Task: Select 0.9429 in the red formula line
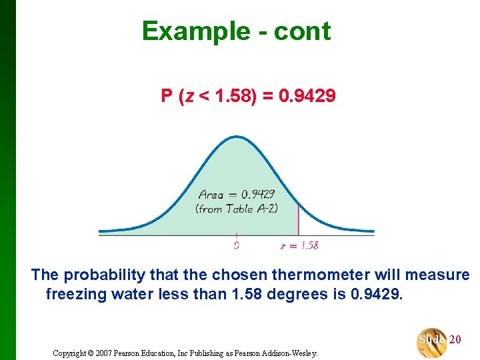(x=307, y=97)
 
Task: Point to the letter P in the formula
(x=167, y=97)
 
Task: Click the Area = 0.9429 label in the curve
(x=236, y=195)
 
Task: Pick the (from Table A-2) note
(x=236, y=209)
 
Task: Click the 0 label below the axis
(x=236, y=245)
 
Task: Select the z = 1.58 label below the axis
(x=299, y=245)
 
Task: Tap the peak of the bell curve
(x=237, y=137)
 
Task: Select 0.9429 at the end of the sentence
(x=376, y=294)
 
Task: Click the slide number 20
(x=455, y=340)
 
